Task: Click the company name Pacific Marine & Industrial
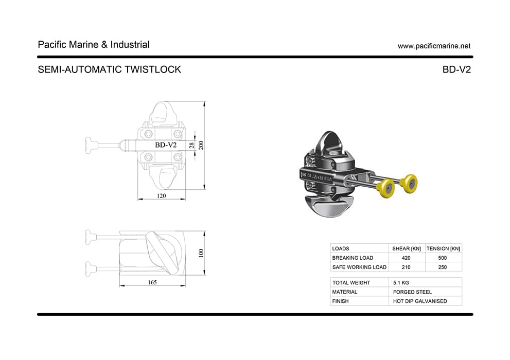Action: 94,45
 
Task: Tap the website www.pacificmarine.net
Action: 434,46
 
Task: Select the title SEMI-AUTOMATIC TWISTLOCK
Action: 110,69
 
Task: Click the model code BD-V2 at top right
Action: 456,69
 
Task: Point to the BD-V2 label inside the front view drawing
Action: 166,145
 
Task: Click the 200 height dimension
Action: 201,145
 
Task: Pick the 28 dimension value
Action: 191,146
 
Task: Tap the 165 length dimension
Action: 152,282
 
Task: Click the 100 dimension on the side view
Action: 201,253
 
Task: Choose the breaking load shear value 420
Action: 406,258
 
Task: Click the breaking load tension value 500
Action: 443,258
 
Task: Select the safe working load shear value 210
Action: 406,267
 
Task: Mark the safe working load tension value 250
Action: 443,267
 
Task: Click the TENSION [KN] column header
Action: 444,248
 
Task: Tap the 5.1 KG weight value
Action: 401,282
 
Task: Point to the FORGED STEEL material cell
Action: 412,292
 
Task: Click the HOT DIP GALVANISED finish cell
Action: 420,301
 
